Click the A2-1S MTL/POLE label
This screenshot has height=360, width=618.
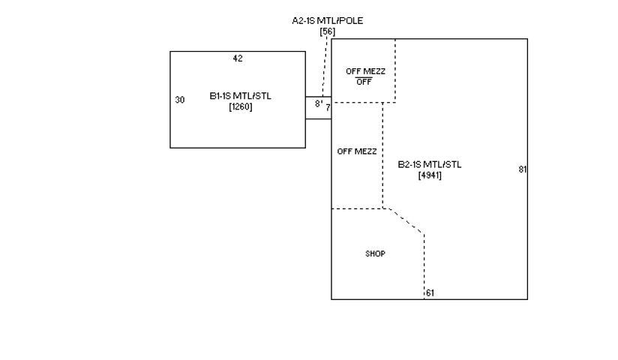click(327, 20)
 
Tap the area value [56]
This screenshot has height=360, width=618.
click(327, 31)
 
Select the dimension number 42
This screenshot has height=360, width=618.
click(238, 58)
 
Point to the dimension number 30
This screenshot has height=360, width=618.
click(180, 100)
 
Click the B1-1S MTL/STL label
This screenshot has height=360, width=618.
click(241, 96)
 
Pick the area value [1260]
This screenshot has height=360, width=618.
click(241, 106)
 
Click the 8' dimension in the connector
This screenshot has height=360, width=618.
click(318, 103)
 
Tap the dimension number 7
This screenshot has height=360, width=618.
click(328, 107)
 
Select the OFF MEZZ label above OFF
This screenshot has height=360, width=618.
click(365, 71)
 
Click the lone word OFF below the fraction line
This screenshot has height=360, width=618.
click(364, 82)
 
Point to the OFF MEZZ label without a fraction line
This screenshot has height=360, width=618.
click(357, 151)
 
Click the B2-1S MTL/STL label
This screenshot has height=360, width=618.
click(430, 164)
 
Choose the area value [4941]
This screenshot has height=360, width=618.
click(430, 175)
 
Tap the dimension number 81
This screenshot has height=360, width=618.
click(522, 169)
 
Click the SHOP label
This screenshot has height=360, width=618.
click(375, 254)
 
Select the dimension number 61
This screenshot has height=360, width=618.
click(430, 293)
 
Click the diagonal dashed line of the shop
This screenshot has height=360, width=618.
click(406, 220)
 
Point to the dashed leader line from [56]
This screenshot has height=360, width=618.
click(325, 67)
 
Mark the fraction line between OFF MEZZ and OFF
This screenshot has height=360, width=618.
click(364, 76)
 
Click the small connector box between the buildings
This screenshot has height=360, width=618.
click(318, 108)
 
